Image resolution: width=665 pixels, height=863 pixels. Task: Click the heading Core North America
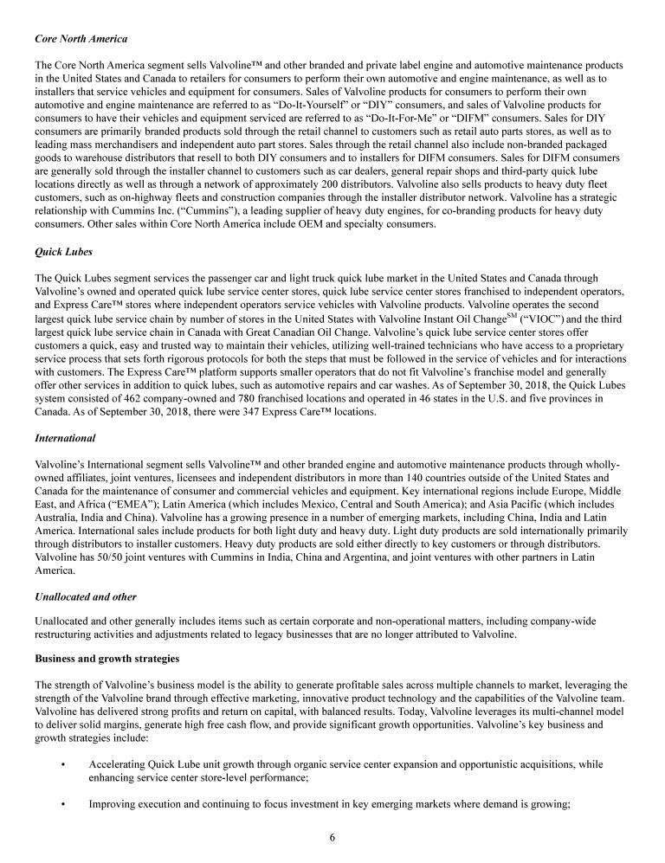[81, 39]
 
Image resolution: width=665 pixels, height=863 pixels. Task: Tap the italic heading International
[65, 439]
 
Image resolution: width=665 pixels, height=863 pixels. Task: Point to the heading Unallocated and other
[85, 597]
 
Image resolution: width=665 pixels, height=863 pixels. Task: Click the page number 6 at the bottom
[332, 837]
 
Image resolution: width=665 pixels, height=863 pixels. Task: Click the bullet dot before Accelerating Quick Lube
[64, 764]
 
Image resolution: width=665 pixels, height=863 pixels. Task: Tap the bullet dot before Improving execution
[64, 804]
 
